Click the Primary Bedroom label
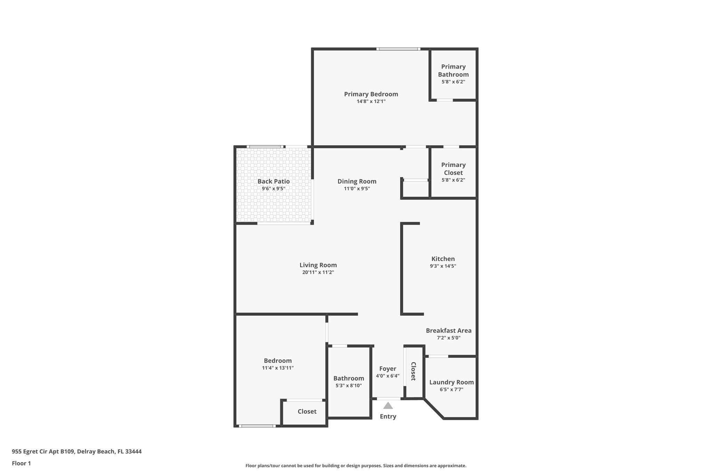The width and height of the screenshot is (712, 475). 371,94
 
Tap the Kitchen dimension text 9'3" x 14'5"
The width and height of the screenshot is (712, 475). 443,266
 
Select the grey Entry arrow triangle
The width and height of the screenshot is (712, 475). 388,406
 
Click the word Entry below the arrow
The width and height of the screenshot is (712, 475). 388,417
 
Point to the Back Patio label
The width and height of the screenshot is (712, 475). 274,181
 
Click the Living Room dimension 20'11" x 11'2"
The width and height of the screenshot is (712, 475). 318,272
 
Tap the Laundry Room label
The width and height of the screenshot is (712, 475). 451,382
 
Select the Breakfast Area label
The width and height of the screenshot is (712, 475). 448,331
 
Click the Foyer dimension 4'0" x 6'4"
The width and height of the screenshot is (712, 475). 388,376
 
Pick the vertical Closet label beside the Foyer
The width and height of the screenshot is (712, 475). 413,371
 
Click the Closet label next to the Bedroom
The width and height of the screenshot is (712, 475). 307,411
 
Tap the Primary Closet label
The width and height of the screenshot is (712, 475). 453,169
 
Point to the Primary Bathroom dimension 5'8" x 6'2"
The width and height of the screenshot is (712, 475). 453,82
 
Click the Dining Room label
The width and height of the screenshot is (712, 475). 357,181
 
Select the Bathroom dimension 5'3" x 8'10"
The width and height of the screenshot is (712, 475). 349,386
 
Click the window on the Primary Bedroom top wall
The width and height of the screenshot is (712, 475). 398,49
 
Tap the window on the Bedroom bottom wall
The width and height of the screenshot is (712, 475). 257,426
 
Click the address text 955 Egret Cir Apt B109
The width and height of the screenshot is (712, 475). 43,451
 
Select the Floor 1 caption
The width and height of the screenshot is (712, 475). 22,463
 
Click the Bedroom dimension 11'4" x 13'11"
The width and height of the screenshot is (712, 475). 278,368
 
